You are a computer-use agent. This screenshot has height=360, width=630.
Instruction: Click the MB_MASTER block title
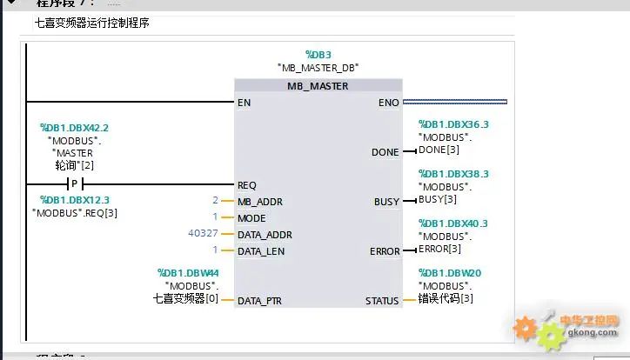[x=318, y=86]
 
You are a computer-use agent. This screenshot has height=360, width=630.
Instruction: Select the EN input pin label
[x=244, y=103]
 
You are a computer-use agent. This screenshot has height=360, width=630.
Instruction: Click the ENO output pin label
[x=389, y=103]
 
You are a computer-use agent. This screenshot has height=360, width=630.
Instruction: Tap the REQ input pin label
[x=247, y=185]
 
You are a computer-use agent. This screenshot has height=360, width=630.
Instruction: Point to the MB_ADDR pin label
[x=259, y=202]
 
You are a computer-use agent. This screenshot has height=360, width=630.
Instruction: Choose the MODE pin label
[x=251, y=218]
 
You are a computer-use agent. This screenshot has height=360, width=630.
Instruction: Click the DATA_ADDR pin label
[x=265, y=235]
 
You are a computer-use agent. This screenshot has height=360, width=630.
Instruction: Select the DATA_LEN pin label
[x=261, y=251]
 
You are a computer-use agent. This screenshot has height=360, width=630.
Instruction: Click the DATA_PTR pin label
[x=261, y=301]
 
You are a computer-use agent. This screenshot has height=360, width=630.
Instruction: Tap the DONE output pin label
[x=385, y=152]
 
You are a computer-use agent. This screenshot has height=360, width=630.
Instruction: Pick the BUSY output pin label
[x=386, y=202]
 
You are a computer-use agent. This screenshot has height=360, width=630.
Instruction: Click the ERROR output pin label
[x=385, y=251]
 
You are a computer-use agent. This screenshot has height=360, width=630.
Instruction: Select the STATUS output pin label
[x=382, y=301]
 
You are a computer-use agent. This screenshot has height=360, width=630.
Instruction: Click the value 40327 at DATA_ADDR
[x=204, y=235]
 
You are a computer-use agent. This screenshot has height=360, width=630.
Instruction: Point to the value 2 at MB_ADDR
[x=214, y=202]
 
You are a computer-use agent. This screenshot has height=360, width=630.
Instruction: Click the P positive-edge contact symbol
[x=74, y=185]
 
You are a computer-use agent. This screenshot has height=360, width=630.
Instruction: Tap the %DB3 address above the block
[x=318, y=54]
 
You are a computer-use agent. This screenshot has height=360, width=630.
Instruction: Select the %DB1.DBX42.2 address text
[x=74, y=128]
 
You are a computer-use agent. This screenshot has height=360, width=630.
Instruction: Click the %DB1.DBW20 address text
[x=449, y=273]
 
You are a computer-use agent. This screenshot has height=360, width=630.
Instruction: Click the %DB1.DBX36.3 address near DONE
[x=453, y=124]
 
